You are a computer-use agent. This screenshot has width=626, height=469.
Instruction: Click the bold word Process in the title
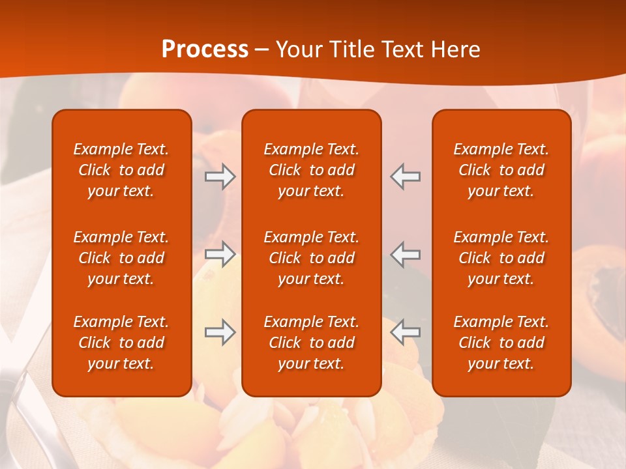(205, 50)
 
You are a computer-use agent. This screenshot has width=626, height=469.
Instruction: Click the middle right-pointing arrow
(220, 254)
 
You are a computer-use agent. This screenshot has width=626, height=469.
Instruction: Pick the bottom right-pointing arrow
(220, 332)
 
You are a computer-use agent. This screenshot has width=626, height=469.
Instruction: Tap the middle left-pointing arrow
(405, 254)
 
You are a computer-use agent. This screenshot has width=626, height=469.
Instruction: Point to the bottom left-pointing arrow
(405, 332)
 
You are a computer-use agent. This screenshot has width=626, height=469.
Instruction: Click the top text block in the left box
(121, 170)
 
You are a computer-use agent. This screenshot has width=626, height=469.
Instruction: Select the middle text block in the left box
(121, 258)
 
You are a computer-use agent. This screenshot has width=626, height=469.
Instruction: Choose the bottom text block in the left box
(121, 343)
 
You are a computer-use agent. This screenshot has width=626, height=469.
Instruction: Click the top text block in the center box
(312, 170)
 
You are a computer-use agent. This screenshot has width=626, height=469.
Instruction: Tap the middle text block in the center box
(312, 258)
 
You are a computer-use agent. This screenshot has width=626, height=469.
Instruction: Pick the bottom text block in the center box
(312, 343)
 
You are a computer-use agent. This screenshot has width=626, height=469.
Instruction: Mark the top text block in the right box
(501, 170)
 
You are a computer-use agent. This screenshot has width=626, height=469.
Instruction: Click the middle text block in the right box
(501, 258)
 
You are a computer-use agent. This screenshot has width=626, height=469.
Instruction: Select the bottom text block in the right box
(501, 343)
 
